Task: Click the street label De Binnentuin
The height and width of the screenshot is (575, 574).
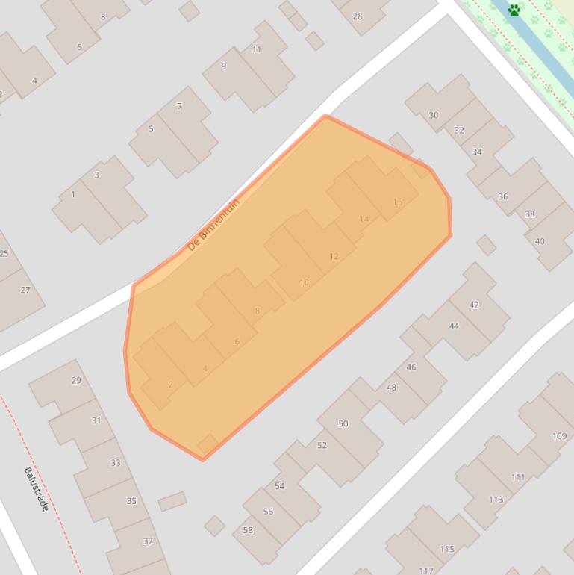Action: (x=213, y=224)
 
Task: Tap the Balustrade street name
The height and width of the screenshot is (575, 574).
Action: (x=36, y=489)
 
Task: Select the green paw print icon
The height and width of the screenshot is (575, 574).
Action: (x=514, y=10)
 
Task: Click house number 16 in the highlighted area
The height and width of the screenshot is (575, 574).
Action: (x=397, y=202)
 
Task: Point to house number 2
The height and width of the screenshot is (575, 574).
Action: (x=171, y=385)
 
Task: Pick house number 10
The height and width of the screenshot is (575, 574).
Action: (x=304, y=282)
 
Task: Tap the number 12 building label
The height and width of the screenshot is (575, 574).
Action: (x=334, y=256)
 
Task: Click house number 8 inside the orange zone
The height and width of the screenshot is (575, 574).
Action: (x=258, y=311)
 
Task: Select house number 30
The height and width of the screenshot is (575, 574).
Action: (x=434, y=115)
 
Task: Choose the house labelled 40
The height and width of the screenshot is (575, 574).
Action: (x=540, y=241)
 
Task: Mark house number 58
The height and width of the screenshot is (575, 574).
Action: (x=248, y=530)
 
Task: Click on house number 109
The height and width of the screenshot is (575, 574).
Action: (x=559, y=436)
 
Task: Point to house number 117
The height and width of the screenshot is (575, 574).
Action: (x=426, y=571)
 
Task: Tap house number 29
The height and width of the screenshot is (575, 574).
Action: (x=76, y=380)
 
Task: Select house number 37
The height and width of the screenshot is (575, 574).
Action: (x=148, y=541)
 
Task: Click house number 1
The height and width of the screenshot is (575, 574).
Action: (x=73, y=195)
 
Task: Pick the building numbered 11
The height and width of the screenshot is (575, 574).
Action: (x=257, y=49)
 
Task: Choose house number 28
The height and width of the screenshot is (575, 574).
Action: (x=358, y=16)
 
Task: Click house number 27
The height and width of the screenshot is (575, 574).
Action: (x=25, y=290)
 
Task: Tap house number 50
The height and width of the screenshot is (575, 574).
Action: (x=343, y=423)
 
